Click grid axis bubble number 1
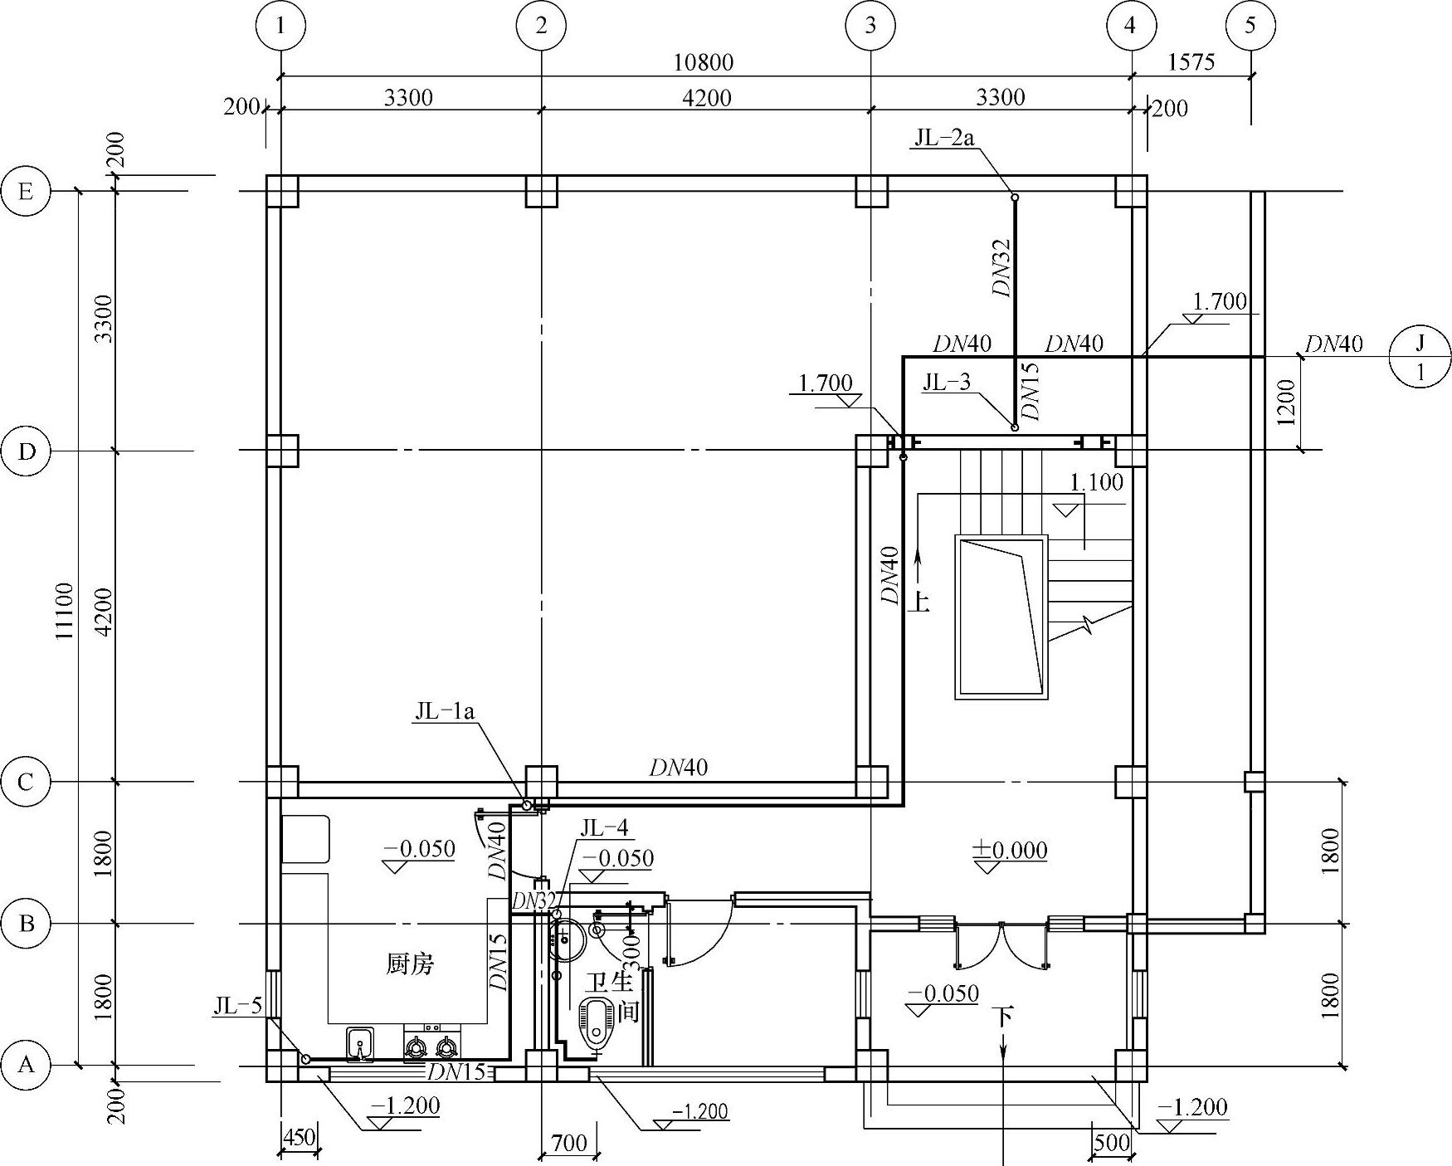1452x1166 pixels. [281, 26]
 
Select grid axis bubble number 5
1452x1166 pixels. [1250, 26]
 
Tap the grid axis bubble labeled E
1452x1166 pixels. [27, 192]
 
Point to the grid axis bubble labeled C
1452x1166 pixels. [27, 782]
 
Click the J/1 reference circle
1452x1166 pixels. [1420, 357]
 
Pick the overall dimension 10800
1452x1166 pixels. [703, 62]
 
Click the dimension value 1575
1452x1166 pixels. [1191, 62]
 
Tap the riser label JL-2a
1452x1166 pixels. [944, 137]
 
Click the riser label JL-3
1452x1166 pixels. [947, 382]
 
